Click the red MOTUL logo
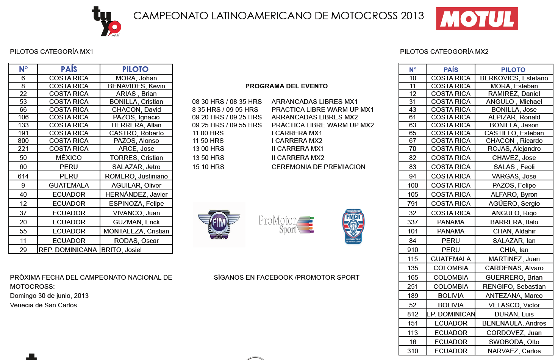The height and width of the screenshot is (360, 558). [477, 19]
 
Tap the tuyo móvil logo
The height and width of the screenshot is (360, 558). [106, 22]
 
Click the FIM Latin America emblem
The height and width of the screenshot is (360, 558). [219, 224]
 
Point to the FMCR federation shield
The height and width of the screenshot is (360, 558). [353, 226]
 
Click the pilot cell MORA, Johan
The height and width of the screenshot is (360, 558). [136, 78]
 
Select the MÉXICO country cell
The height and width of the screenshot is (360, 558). [69, 158]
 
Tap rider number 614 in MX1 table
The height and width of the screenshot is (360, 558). [23, 176]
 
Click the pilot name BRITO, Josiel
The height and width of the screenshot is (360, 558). [122, 250]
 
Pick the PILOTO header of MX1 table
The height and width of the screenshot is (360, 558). [135, 69]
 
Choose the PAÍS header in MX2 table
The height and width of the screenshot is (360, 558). [451, 70]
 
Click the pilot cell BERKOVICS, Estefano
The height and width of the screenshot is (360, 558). [514, 78]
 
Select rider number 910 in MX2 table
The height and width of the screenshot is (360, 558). [413, 250]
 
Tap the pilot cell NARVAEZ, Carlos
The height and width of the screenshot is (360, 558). [514, 351]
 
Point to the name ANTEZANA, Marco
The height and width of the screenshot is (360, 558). [514, 296]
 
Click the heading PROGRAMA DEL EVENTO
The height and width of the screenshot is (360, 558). [286, 86]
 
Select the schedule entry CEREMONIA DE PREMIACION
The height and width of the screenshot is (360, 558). [318, 167]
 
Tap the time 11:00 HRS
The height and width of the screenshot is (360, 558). [208, 133]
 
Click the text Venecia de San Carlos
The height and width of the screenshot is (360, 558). [44, 305]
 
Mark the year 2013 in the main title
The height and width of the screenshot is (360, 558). [412, 16]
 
